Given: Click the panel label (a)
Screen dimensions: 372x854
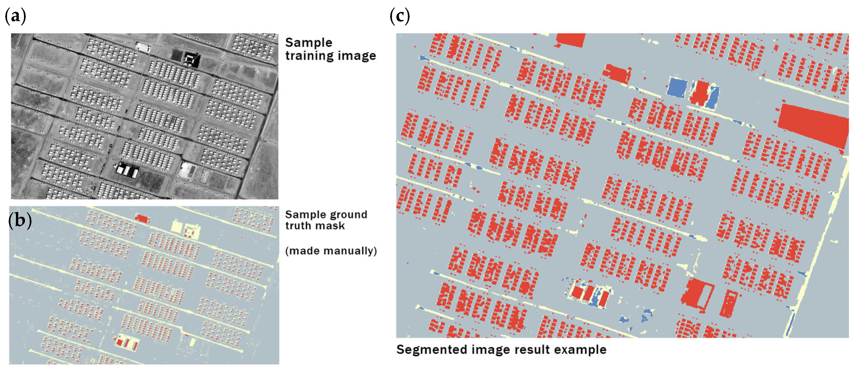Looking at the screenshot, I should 15,16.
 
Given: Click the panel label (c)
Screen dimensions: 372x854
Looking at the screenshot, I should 400,16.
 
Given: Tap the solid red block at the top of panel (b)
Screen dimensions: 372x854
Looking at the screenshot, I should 142,218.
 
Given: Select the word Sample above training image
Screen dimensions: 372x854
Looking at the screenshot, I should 308,43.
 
